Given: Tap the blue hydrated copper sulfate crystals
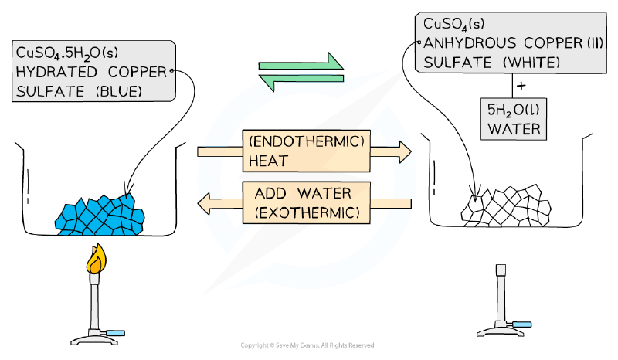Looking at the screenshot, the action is click(x=100, y=216).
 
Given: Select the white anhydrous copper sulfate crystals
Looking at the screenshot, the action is click(x=506, y=205).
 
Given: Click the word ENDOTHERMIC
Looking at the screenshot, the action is click(x=307, y=141).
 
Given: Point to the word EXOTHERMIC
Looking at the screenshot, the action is click(x=307, y=213).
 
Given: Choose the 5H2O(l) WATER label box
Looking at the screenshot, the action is click(x=514, y=119).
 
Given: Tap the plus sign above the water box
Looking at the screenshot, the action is click(x=521, y=85).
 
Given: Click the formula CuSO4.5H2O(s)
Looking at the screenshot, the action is click(x=67, y=53).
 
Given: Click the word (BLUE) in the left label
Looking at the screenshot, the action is click(x=119, y=91).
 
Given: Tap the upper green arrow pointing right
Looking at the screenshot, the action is click(x=301, y=63).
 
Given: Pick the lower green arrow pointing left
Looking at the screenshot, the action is click(x=301, y=81).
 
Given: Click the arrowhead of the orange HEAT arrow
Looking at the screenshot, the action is click(x=405, y=151).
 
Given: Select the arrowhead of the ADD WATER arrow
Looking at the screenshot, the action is click(x=204, y=203).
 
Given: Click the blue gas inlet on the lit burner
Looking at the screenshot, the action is click(x=115, y=333).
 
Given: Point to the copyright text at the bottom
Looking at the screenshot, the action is click(x=307, y=345).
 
